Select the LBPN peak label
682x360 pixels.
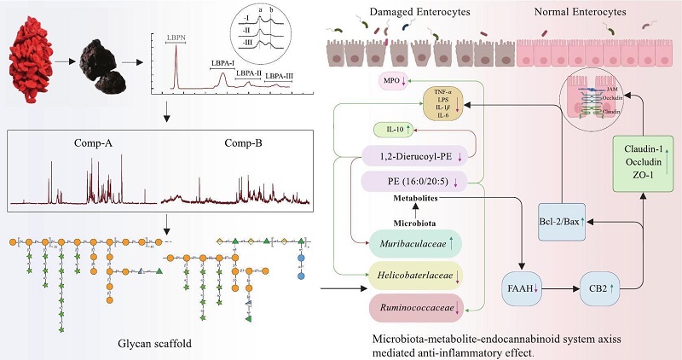(175, 38)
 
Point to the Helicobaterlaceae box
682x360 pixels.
(413, 276)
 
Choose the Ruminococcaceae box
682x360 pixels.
(413, 307)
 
